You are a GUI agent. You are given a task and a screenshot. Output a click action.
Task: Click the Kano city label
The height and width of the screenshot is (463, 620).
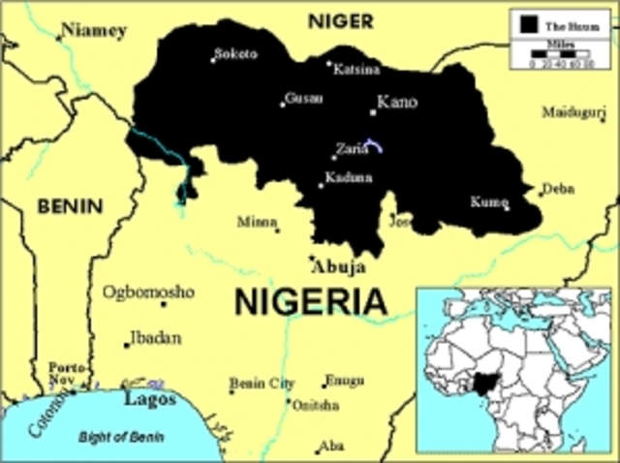[396, 103]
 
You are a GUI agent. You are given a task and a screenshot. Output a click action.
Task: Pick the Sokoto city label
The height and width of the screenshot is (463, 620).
[236, 54]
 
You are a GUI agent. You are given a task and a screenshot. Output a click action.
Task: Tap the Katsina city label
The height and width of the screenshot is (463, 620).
[356, 69]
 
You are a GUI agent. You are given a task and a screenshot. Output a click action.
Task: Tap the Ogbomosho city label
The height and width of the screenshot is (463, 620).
[149, 292]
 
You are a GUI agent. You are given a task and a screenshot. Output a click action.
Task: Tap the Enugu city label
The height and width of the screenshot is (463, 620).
[343, 380]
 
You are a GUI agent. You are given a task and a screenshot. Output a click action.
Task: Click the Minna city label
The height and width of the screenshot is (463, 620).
[257, 222]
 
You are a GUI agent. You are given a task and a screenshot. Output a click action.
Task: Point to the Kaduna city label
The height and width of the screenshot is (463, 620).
[349, 178]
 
